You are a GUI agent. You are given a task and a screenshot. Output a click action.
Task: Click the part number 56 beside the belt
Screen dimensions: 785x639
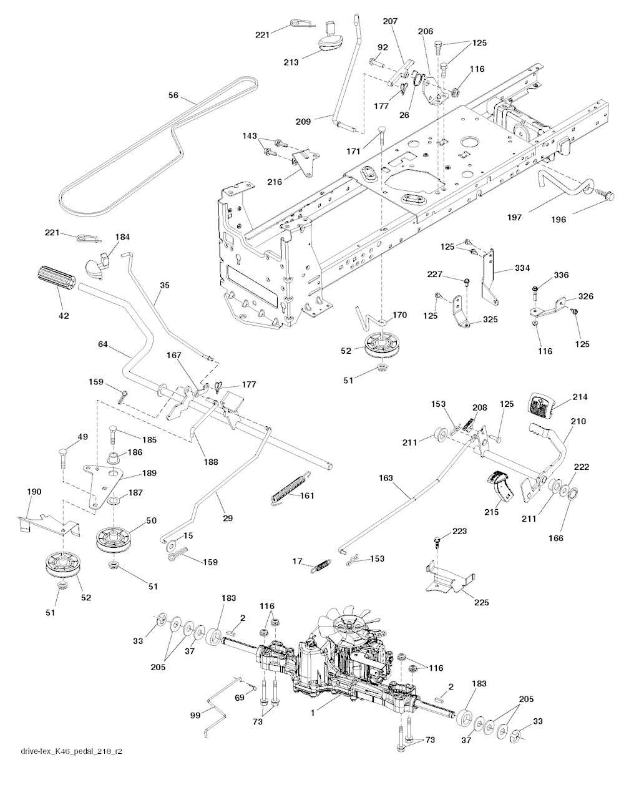[x=173, y=95]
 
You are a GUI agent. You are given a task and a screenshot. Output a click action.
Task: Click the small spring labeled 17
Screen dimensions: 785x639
[x=320, y=565]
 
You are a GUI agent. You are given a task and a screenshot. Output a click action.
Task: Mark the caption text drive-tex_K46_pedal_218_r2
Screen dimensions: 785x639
[x=71, y=769]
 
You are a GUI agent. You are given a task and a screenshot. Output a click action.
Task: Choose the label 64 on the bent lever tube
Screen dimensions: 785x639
[x=104, y=344]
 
